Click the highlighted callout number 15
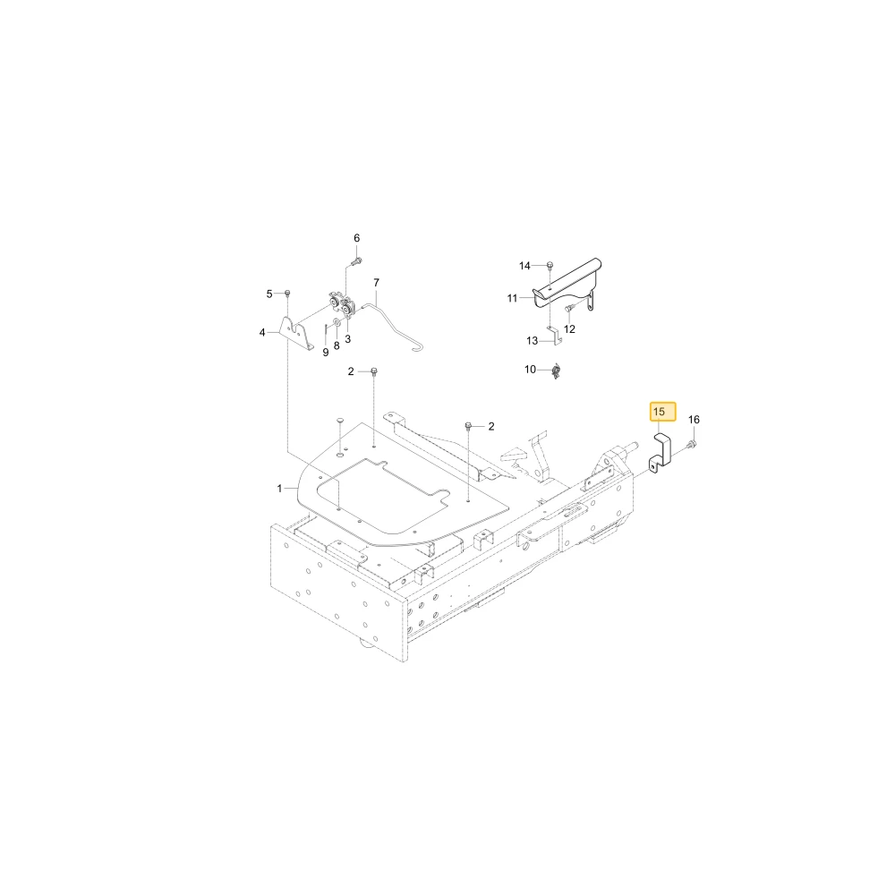click(659, 412)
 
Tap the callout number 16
click(694, 420)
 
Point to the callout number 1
click(279, 489)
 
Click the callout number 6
click(357, 238)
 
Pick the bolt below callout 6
click(355, 262)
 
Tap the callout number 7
click(376, 283)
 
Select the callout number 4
click(262, 332)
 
